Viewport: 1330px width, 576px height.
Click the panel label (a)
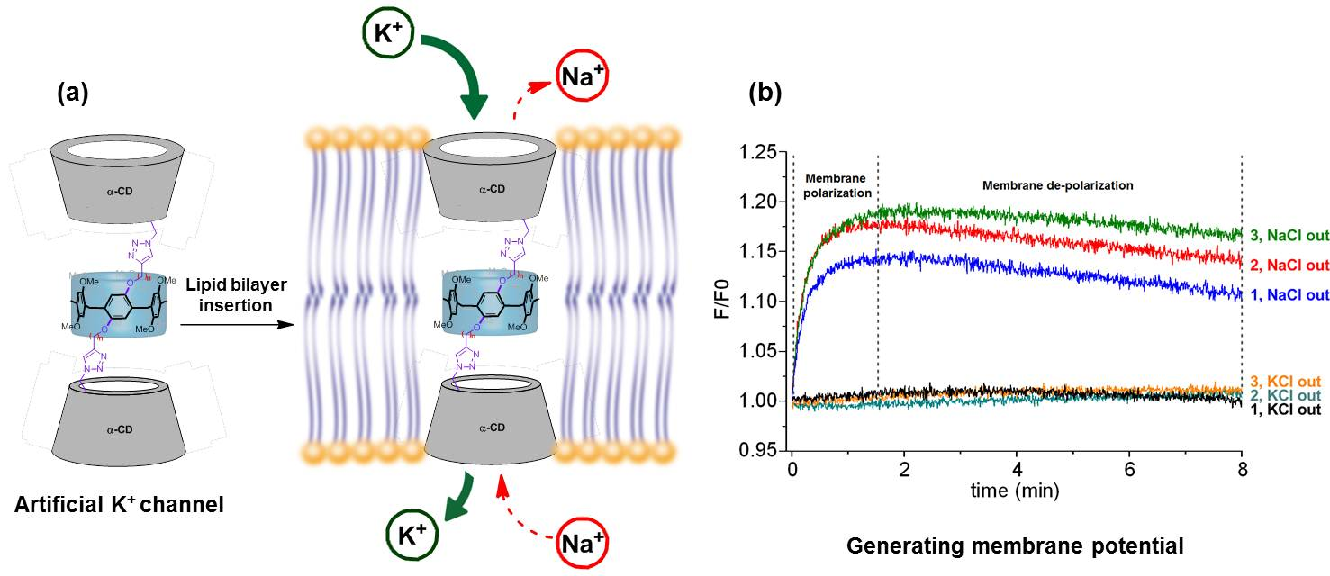72,93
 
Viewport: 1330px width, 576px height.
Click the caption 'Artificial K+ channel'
119,506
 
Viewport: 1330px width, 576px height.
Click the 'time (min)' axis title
1015,491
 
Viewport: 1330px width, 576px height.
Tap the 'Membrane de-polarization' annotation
1057,185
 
